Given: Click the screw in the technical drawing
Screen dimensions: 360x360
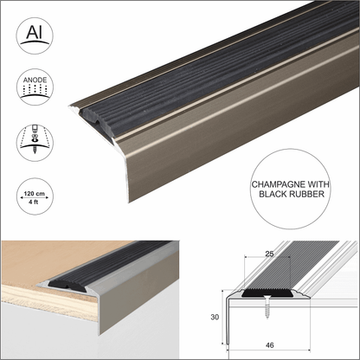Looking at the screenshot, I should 267,305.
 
